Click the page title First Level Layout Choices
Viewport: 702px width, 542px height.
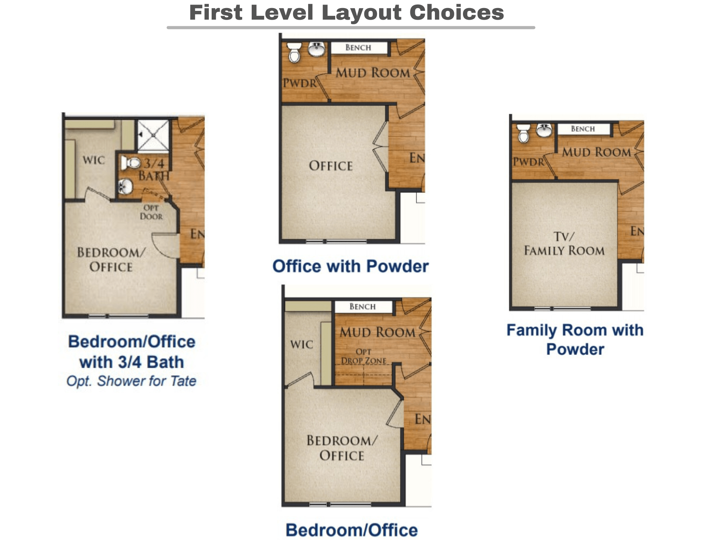coord(346,13)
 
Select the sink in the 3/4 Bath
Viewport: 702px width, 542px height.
coord(125,186)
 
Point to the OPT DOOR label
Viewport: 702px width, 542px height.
coord(151,212)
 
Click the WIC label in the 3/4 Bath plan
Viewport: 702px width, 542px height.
coord(94,160)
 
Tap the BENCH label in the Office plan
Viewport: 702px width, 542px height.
coord(358,48)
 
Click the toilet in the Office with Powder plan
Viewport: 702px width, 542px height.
coord(294,52)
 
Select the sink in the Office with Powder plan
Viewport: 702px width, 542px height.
coord(317,49)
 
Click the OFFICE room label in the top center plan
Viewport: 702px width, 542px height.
coord(331,166)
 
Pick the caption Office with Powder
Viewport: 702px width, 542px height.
coord(351,266)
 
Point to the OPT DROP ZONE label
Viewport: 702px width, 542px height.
coord(364,356)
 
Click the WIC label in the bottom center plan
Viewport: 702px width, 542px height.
coord(302,344)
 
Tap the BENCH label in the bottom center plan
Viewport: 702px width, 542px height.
coord(363,307)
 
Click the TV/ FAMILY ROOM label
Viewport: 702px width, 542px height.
coord(564,244)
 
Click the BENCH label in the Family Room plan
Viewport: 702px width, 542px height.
coord(583,129)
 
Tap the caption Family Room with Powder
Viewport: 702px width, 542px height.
coord(575,340)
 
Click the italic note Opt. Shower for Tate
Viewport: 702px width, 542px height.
coord(131,381)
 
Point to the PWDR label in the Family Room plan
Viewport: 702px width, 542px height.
coord(529,162)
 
